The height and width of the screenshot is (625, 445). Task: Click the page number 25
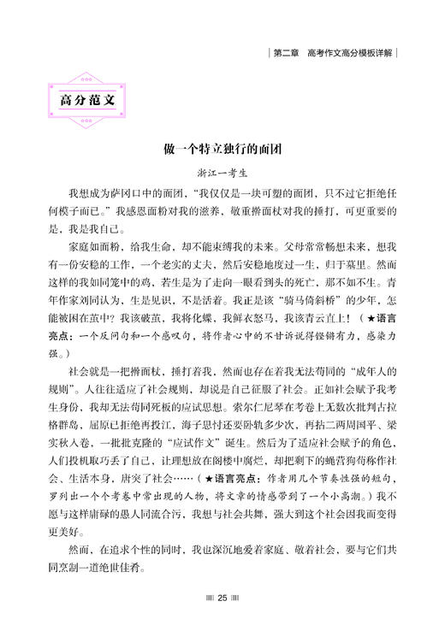tap(222, 598)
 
